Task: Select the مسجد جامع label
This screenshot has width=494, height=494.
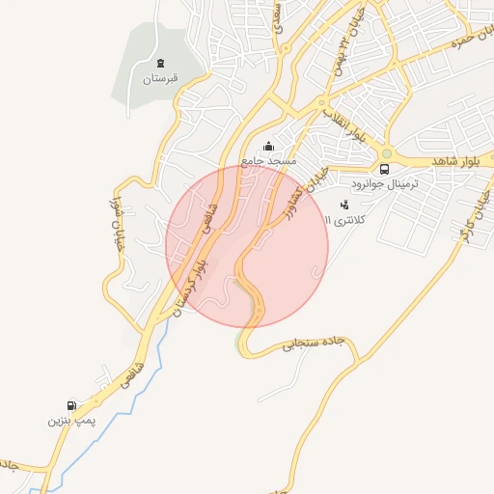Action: point(268,160)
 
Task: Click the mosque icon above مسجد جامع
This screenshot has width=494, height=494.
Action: point(268,146)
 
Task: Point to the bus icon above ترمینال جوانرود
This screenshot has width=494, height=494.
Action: point(385,169)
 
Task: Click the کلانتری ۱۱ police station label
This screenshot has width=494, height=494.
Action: point(342,220)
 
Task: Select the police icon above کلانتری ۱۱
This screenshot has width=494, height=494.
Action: point(344,205)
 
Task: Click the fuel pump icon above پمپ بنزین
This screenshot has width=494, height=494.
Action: point(70,406)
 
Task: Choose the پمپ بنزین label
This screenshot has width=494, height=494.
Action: point(69,422)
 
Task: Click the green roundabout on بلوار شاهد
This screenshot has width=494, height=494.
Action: point(387,153)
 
